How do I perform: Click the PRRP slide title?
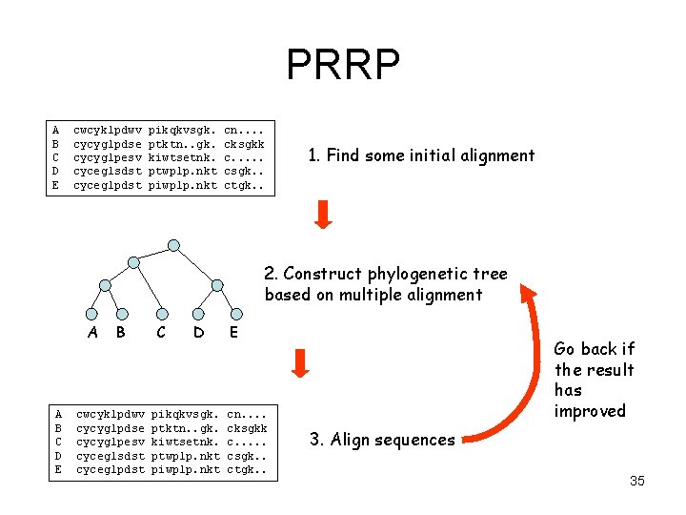pyautogui.click(x=343, y=64)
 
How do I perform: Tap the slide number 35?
pyautogui.click(x=637, y=481)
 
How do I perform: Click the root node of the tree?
pyautogui.click(x=173, y=245)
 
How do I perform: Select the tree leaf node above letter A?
pyautogui.click(x=91, y=314)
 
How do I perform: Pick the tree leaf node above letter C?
pyautogui.click(x=162, y=314)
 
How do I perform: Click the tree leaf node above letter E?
pyautogui.click(x=236, y=314)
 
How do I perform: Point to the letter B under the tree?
pyautogui.click(x=121, y=332)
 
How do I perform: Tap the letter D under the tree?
pyautogui.click(x=198, y=333)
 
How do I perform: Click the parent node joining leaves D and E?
pyautogui.click(x=217, y=285)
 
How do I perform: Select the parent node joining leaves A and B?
pyautogui.click(x=105, y=285)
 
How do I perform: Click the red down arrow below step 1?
pyautogui.click(x=323, y=215)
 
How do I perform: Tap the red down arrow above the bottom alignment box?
pyautogui.click(x=300, y=363)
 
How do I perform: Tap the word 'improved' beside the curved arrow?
pyautogui.click(x=590, y=412)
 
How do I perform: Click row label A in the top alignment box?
pyautogui.click(x=55, y=130)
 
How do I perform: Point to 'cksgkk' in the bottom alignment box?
pyautogui.click(x=247, y=428)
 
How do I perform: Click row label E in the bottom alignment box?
pyautogui.click(x=58, y=469)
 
